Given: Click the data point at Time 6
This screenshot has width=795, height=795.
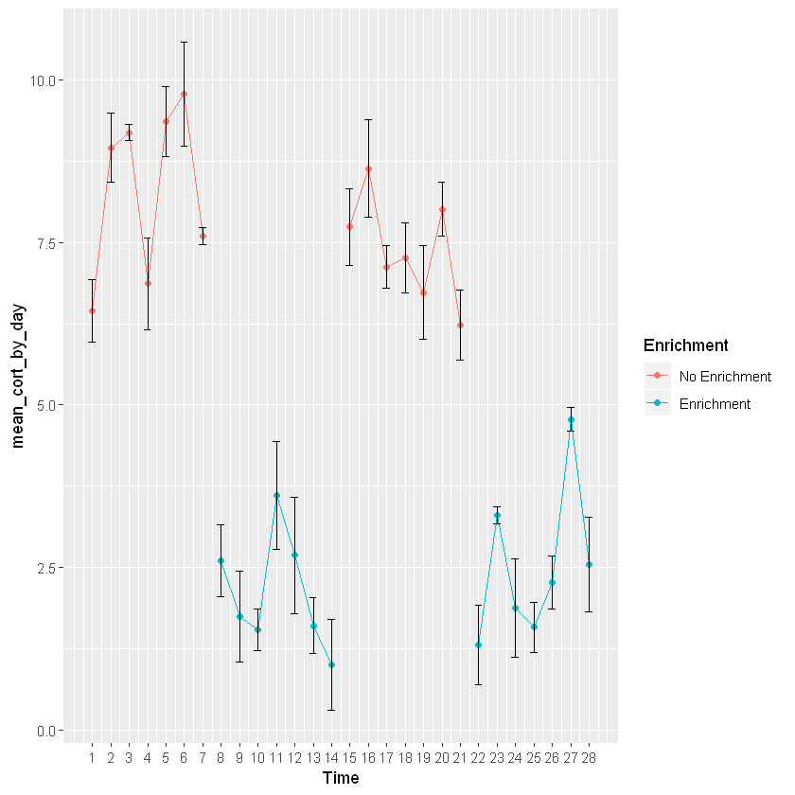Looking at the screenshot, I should [184, 94].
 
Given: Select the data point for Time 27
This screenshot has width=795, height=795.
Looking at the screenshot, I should [571, 419].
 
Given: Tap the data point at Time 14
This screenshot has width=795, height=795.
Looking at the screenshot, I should [331, 664].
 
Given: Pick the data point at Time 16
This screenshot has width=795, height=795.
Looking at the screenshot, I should [368, 168].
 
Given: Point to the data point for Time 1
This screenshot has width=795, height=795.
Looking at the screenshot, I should [92, 310].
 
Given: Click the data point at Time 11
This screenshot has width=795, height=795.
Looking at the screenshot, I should [276, 495].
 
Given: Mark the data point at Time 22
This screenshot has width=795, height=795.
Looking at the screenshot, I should [479, 645].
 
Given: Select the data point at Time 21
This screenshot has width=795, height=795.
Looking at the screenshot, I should [460, 325].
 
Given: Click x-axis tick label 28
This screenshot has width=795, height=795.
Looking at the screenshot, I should [589, 757].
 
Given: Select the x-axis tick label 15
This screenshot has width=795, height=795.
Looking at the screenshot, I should [349, 757].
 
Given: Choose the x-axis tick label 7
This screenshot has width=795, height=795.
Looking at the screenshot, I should [203, 757].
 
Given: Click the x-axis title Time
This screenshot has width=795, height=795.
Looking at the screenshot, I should [340, 778].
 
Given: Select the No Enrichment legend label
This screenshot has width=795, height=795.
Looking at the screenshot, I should [725, 377].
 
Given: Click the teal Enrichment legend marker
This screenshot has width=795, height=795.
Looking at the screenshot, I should [657, 403].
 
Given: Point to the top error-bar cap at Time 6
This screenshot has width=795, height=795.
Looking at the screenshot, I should [184, 42].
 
